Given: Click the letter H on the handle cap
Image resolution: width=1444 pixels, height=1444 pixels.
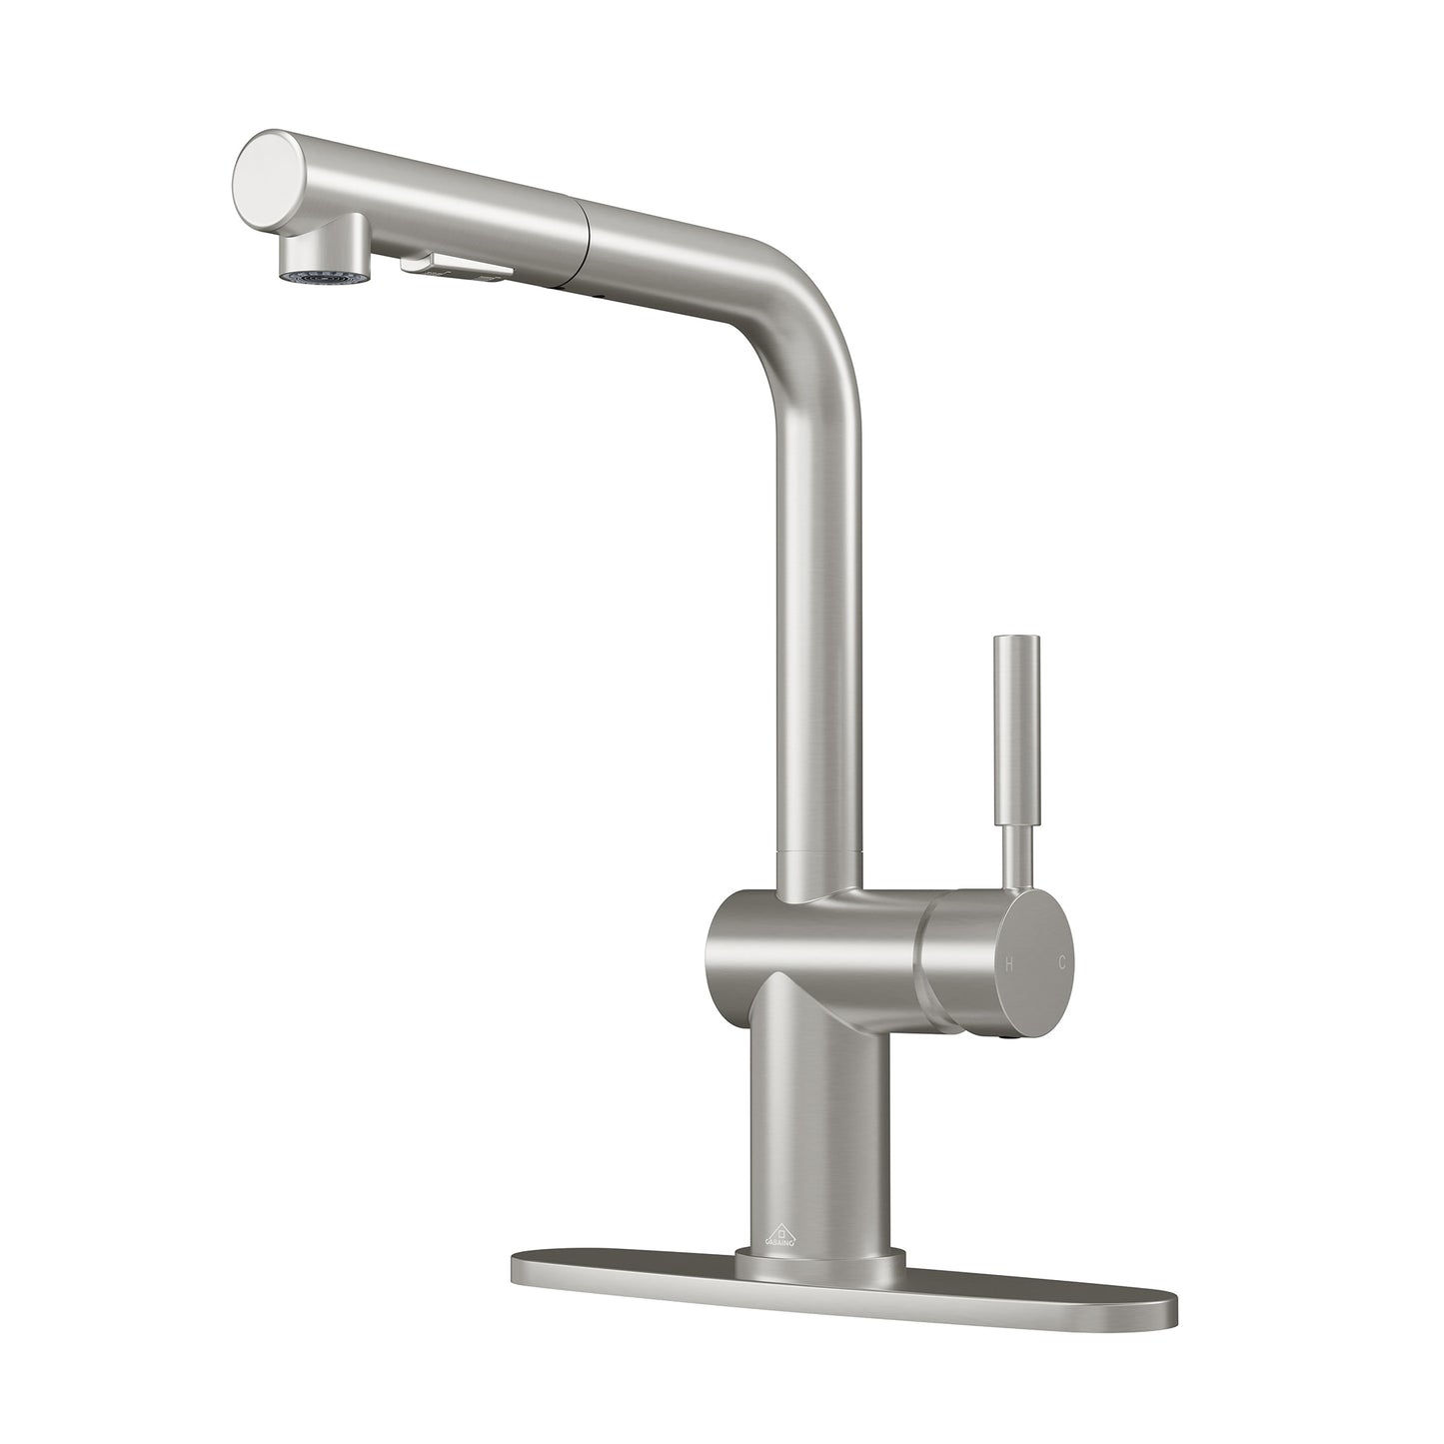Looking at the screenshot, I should pyautogui.click(x=1009, y=964).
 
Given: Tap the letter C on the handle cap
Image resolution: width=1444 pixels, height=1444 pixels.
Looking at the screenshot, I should pyautogui.click(x=1062, y=964).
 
